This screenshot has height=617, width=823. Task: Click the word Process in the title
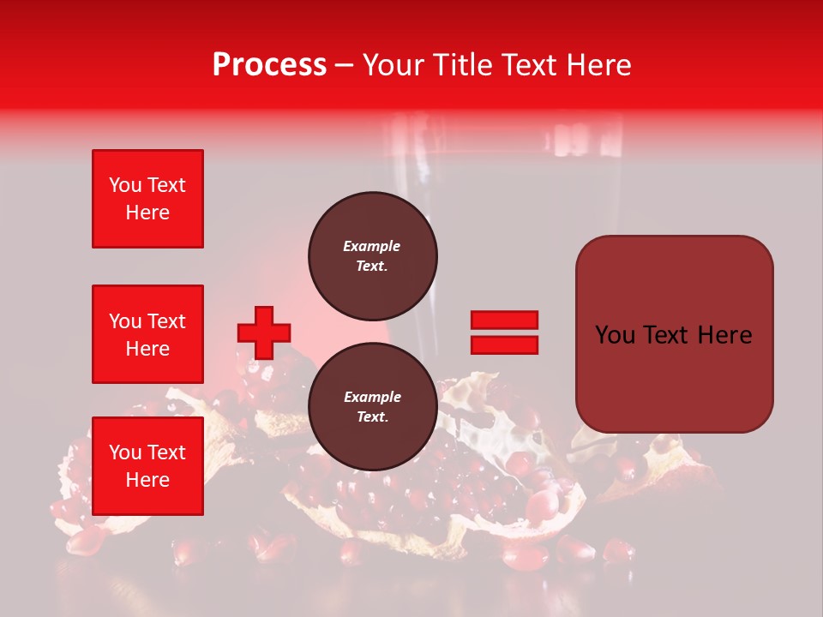tap(269, 65)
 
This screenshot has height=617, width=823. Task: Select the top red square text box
tap(147, 199)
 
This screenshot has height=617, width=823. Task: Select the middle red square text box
tap(147, 334)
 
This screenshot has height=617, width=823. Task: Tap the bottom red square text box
tap(147, 466)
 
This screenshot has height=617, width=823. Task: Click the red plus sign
tap(264, 332)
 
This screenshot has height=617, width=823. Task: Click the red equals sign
tap(504, 332)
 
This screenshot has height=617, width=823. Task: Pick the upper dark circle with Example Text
tap(373, 255)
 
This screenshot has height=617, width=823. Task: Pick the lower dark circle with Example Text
tap(373, 406)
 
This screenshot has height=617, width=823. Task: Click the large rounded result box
tap(674, 334)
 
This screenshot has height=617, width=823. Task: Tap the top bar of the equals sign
tap(504, 320)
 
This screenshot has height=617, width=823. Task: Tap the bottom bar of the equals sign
tap(504, 344)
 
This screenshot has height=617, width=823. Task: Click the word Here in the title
tap(600, 65)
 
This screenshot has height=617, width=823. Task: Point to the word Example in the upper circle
tap(371, 246)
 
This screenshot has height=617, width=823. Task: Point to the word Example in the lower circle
tap(371, 397)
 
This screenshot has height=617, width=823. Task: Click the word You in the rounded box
tap(614, 335)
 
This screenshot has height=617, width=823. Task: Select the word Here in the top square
tap(147, 213)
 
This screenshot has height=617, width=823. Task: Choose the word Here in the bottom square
tap(147, 480)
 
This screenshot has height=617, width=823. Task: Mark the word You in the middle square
tap(124, 321)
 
